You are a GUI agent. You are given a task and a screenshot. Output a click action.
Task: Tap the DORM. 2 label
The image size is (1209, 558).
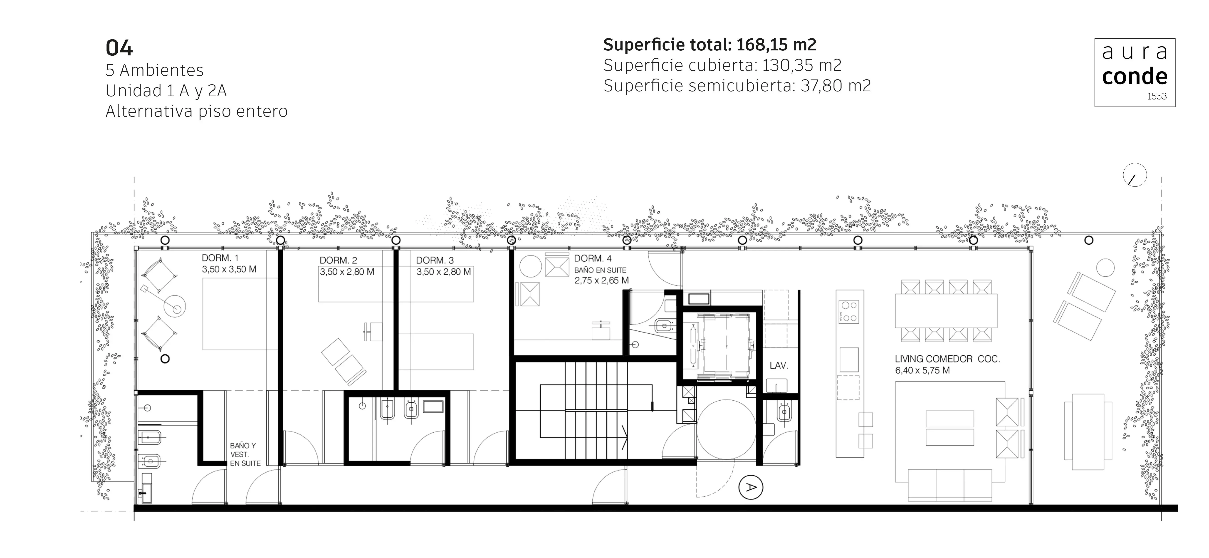[x=338, y=260]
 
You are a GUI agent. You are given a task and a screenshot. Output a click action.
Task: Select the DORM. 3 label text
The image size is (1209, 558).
[x=435, y=260]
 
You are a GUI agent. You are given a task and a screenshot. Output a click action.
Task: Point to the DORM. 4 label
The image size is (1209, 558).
[x=593, y=259]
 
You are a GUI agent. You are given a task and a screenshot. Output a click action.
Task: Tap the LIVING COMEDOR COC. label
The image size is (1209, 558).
[x=947, y=359]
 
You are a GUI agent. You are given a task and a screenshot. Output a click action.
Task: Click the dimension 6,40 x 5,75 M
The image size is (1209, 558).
[x=922, y=370]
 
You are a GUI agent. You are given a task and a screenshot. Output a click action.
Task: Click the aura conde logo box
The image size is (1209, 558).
[x=1135, y=73]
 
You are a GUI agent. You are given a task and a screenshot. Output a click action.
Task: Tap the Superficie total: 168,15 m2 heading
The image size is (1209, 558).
[x=710, y=45]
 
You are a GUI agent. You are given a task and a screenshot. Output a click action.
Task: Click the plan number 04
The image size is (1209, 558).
[x=119, y=48]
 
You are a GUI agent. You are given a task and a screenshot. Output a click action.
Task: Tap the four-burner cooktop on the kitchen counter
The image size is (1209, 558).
[x=848, y=312]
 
